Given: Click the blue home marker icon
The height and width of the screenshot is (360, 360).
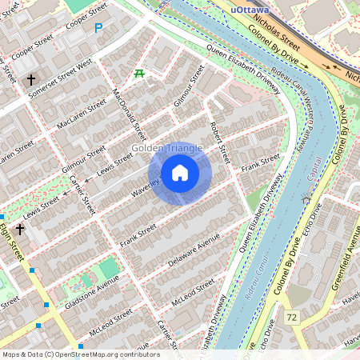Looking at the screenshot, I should click(x=180, y=173).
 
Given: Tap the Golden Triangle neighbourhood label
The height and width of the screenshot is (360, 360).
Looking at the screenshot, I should click(x=167, y=148).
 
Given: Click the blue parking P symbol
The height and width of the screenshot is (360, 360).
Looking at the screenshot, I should click(x=98, y=28).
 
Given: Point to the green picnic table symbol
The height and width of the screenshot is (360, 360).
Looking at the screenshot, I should click(x=138, y=74).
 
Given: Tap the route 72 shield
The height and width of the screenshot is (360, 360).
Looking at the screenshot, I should click(x=291, y=318).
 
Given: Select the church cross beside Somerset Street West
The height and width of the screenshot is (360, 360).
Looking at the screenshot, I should click(x=31, y=80).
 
